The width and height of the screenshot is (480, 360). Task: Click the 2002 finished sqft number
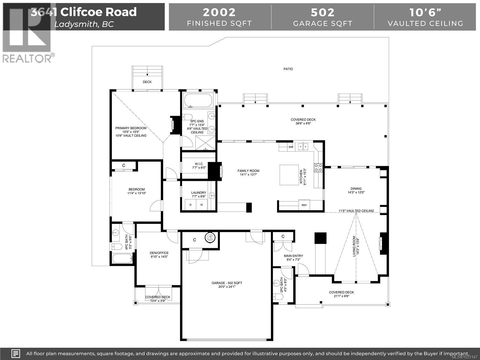coord(219,12)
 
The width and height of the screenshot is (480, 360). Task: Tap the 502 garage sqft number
coord(322,12)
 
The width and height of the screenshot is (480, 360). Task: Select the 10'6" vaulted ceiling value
coord(425,12)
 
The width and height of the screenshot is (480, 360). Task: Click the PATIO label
coord(288,69)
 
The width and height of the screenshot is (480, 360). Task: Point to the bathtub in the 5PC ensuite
coord(198,100)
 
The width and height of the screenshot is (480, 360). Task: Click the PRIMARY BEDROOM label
coord(131,128)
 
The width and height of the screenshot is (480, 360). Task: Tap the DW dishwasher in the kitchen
coord(291,147)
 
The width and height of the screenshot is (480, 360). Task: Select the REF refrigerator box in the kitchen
coord(304,205)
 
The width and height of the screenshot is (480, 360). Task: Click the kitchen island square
coord(289,175)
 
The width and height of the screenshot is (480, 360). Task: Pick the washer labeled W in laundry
coord(202,205)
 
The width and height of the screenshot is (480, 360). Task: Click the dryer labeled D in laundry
coord(190,205)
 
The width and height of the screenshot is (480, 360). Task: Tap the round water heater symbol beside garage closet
coord(210,238)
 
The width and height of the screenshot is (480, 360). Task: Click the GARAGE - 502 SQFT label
coord(227,283)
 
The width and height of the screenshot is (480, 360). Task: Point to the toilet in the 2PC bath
coord(278,296)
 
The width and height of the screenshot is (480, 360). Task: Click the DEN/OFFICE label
coord(159,253)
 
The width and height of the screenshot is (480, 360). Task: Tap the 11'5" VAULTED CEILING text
coord(356,211)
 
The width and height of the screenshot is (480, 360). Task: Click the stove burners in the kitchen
coord(318,168)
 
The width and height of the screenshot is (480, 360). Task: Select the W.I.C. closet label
coord(199,164)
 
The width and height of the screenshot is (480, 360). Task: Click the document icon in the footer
coord(16,353)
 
